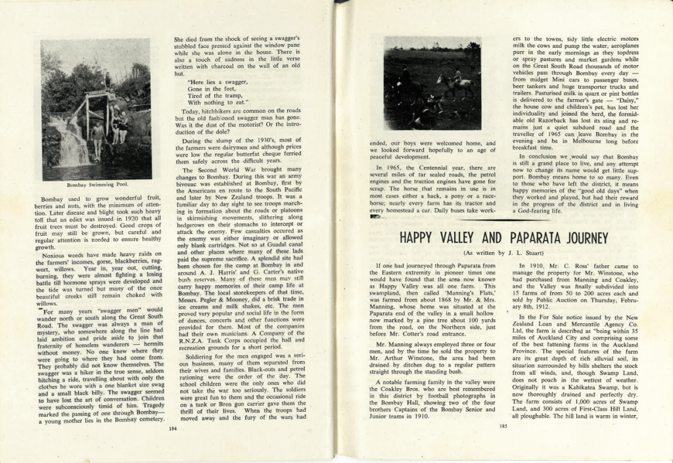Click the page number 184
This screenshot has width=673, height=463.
173,428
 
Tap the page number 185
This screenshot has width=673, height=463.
503,427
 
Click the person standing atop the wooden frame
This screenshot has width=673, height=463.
107,81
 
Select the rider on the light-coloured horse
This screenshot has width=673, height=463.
457,76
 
